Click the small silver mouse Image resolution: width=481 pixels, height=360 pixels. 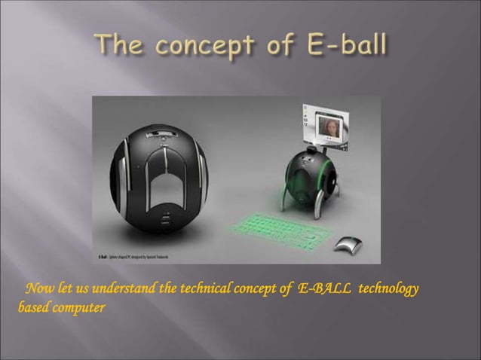(348, 243)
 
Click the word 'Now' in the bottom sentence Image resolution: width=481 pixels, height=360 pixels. (39, 291)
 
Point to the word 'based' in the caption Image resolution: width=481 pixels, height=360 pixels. (32, 308)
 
